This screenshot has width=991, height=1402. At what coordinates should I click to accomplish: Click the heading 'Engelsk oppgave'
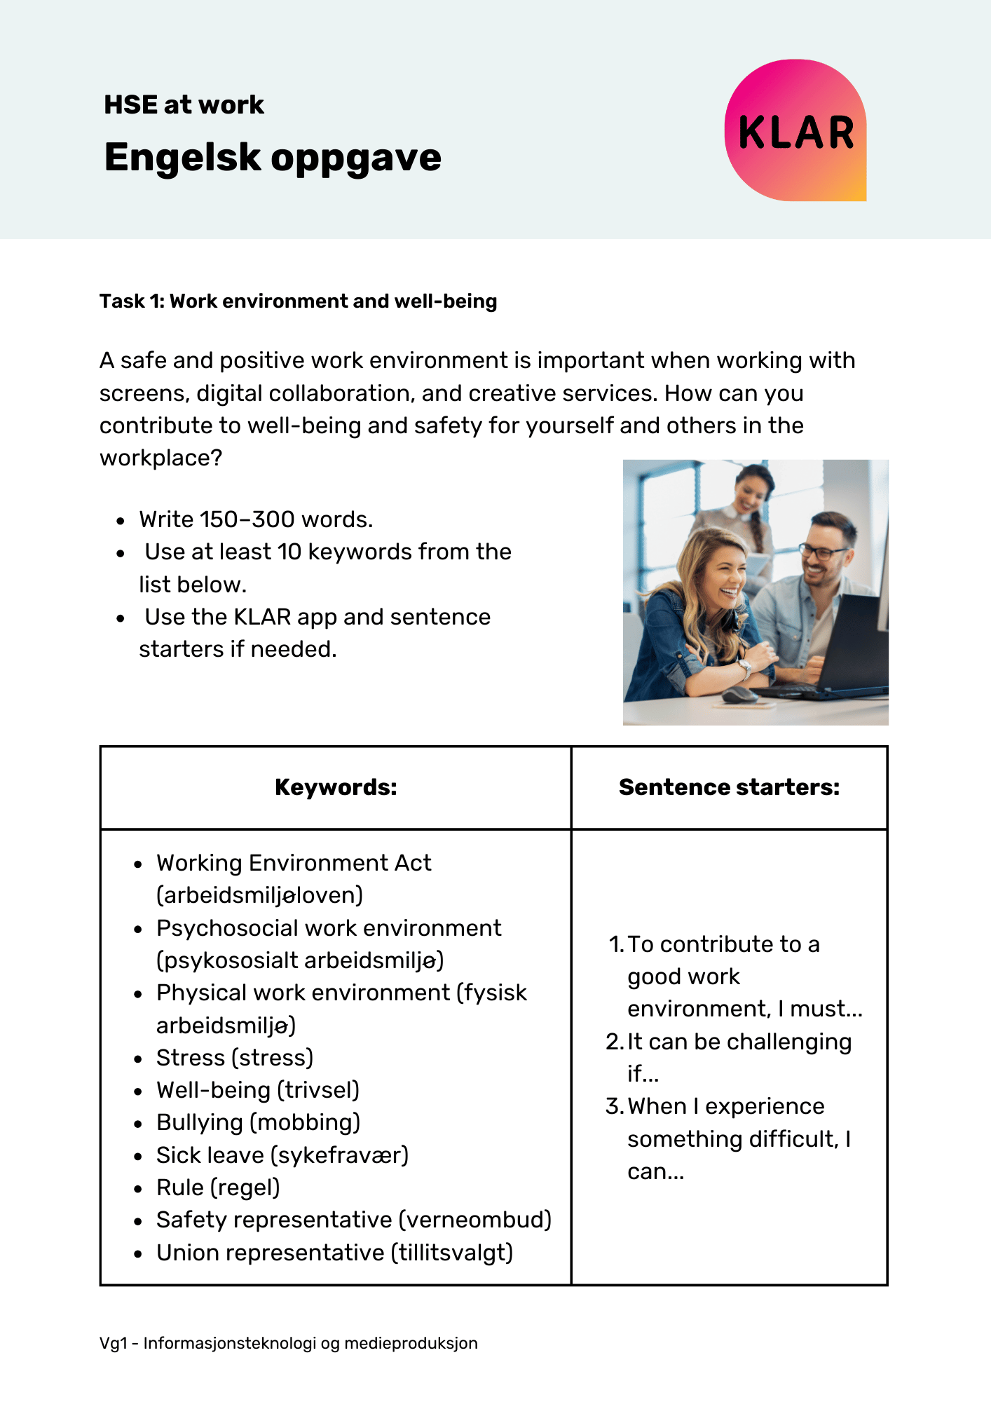pos(273,157)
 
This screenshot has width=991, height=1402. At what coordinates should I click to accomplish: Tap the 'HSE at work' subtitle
pos(184,105)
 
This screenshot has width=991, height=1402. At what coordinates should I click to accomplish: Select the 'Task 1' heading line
pos(298,301)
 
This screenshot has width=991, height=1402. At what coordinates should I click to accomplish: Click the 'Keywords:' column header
pos(336,787)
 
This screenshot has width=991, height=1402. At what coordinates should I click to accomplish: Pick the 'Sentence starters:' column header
pos(729,787)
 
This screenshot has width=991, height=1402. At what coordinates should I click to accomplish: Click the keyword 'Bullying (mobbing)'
pos(258,1122)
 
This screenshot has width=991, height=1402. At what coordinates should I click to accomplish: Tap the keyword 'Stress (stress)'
pos(235,1057)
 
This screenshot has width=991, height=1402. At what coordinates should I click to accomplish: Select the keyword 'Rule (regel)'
pos(218,1187)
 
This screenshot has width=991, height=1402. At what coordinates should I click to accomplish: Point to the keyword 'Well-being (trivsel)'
pos(258,1090)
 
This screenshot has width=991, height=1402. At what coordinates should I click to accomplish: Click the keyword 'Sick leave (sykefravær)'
pos(282,1155)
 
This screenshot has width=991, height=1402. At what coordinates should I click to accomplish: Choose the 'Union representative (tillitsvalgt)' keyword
pos(334,1253)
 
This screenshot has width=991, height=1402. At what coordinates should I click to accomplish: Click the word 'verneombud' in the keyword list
pos(474,1220)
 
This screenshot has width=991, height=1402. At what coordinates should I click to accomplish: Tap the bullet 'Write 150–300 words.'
pos(256,519)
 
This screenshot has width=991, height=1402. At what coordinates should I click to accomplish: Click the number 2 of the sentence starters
pos(613,1042)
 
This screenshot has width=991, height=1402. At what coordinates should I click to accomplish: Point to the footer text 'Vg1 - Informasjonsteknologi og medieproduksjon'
pos(288,1343)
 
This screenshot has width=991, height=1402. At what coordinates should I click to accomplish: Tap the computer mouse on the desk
pos(739,695)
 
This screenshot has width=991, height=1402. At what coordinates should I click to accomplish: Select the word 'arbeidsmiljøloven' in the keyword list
pos(259,896)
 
